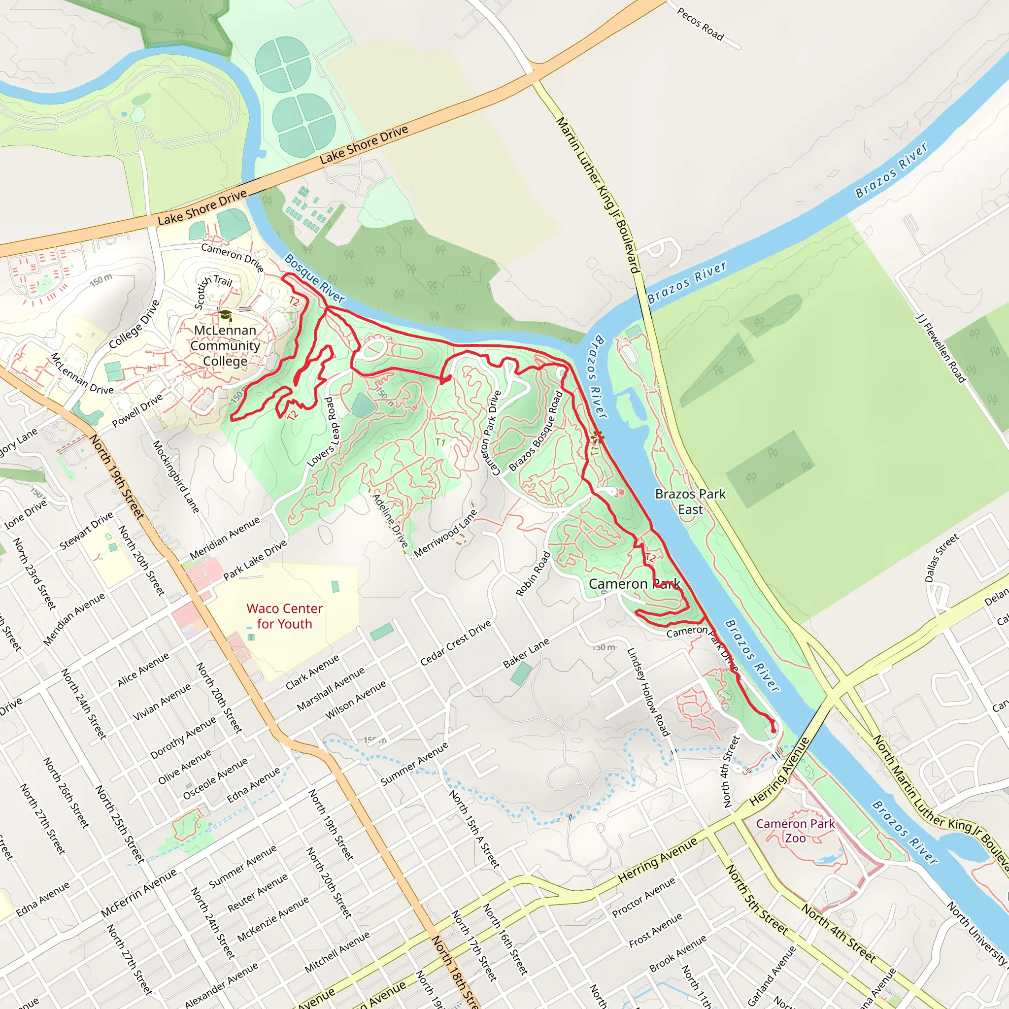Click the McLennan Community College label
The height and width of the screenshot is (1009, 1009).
point(225,346)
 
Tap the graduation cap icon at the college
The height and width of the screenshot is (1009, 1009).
point(225,315)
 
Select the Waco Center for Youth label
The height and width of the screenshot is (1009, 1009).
point(284,616)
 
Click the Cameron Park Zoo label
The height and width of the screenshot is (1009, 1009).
point(795,830)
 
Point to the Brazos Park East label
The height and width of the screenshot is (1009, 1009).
point(690,502)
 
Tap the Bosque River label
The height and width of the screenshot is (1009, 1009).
point(314,279)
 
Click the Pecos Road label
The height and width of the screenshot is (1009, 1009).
point(701,24)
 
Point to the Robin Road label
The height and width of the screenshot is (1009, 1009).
point(533,573)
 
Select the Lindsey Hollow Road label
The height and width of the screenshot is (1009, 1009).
point(648,692)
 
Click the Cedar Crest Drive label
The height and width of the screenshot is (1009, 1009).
point(455,643)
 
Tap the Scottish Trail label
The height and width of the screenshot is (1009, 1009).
point(212,292)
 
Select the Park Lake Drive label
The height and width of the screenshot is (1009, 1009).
point(255,560)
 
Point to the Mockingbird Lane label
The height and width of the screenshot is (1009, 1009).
point(175,476)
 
